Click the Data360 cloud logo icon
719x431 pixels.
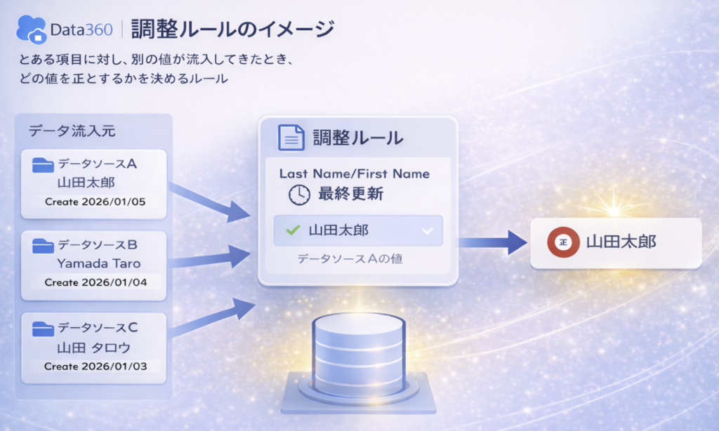31,29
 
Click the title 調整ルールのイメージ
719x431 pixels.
232,29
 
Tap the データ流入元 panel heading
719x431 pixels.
72,131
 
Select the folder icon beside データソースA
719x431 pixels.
43,165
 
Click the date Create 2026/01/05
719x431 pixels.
95,201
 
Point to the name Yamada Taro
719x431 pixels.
98,264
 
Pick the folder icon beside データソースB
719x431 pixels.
43,246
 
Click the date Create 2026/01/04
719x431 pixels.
95,282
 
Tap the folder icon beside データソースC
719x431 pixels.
43,329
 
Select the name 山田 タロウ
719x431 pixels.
94,348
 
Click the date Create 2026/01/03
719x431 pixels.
95,366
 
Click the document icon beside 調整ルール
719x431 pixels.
291,138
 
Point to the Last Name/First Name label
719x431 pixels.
355,174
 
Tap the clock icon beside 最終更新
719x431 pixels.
299,194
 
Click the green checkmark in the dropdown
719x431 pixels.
293,230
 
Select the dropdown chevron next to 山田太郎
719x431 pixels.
428,231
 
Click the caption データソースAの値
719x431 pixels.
350,259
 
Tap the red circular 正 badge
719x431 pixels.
563,242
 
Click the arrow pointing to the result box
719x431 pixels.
492,242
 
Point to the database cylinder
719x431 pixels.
359,354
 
